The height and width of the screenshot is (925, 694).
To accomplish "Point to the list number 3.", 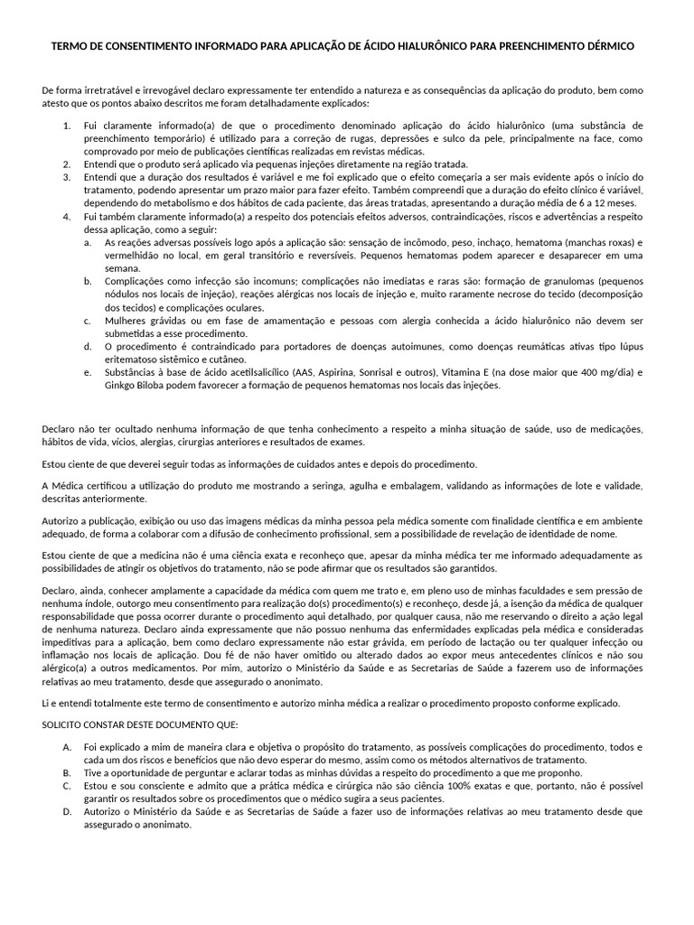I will pos(66,178).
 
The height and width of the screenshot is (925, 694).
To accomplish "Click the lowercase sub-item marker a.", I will pos(87,243).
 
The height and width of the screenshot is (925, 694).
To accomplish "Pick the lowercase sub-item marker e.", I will pos(87,371).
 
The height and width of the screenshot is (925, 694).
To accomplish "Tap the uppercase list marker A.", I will pos(67,747).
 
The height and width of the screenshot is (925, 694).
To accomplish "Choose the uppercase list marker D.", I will pos(67,811).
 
